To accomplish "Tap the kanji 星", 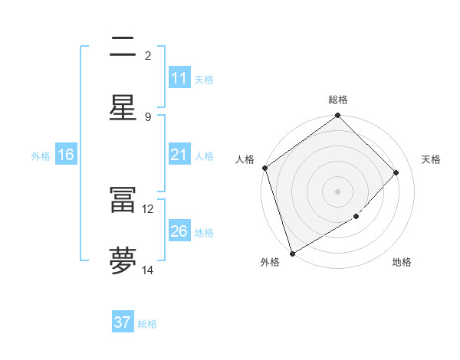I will click(x=122, y=107).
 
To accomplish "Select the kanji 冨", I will click(x=122, y=199).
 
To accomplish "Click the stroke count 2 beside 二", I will click(x=148, y=55).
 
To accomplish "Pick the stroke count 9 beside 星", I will click(x=148, y=116).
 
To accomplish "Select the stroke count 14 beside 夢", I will click(x=148, y=270).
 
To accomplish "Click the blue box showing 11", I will click(x=179, y=78).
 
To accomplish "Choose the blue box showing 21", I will click(x=179, y=155).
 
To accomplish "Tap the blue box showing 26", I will click(x=179, y=231).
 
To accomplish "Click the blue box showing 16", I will click(x=66, y=155).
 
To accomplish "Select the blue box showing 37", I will click(x=123, y=322).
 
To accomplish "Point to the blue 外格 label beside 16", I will click(x=41, y=155).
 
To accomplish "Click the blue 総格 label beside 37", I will click(x=147, y=324).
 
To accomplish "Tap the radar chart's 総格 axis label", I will click(x=338, y=100).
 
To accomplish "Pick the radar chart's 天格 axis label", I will click(x=431, y=159).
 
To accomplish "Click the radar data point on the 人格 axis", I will click(x=264, y=168).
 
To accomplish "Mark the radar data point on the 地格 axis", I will click(x=356, y=217).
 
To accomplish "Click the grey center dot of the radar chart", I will click(x=338, y=191).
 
